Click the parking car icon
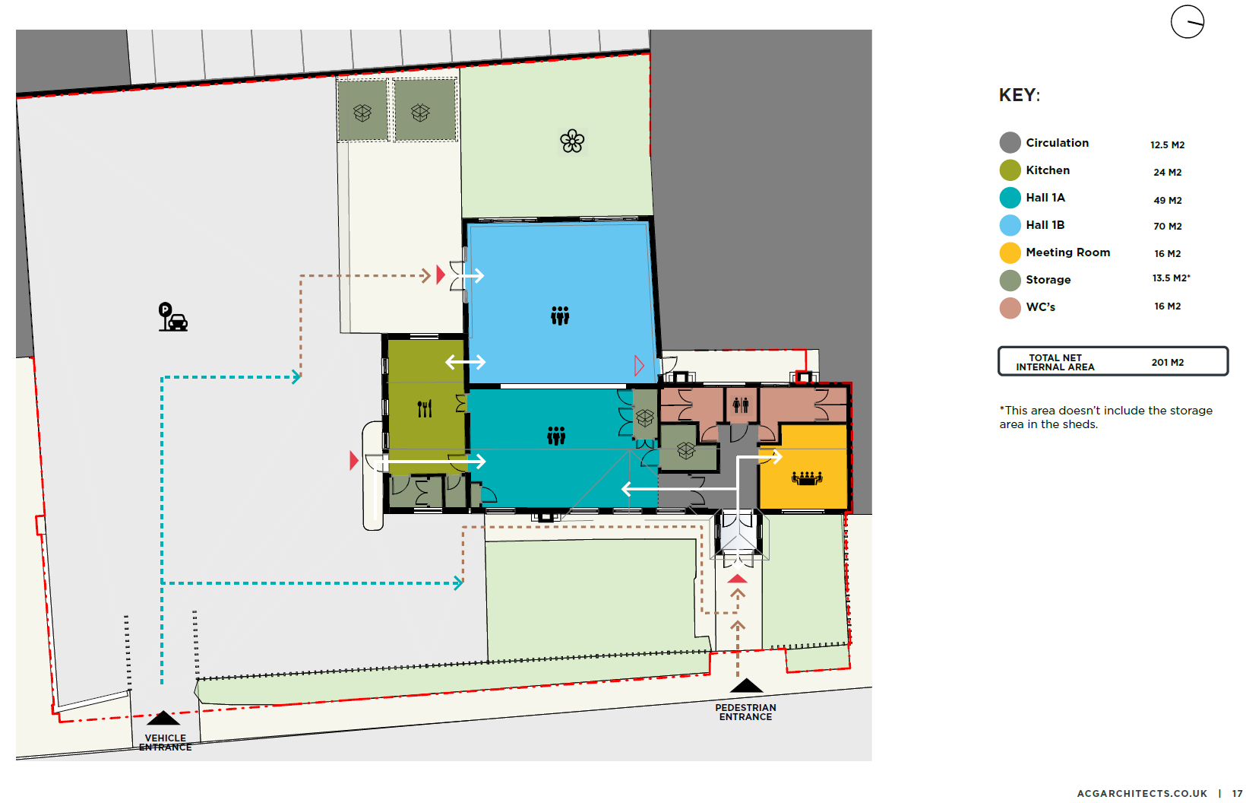click(x=173, y=317)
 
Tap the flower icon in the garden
click(x=572, y=141)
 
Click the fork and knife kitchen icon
click(x=425, y=409)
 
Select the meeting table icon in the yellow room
click(x=807, y=478)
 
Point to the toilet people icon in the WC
click(x=740, y=405)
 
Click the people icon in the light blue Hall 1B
click(x=560, y=315)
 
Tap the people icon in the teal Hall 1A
click(x=555, y=436)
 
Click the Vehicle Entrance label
click(x=165, y=742)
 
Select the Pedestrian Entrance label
click(x=745, y=713)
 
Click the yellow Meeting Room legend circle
click(x=1010, y=252)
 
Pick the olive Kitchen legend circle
click(x=1010, y=170)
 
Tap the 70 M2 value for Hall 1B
click(x=1167, y=226)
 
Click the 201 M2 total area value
click(x=1168, y=363)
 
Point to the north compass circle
click(x=1187, y=22)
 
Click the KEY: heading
click(x=1019, y=95)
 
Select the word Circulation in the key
click(x=1057, y=143)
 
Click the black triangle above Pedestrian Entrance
click(x=746, y=685)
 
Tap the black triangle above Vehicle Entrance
click(x=163, y=718)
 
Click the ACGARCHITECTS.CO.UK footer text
click(x=1142, y=794)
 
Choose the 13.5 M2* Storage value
click(x=1171, y=278)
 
